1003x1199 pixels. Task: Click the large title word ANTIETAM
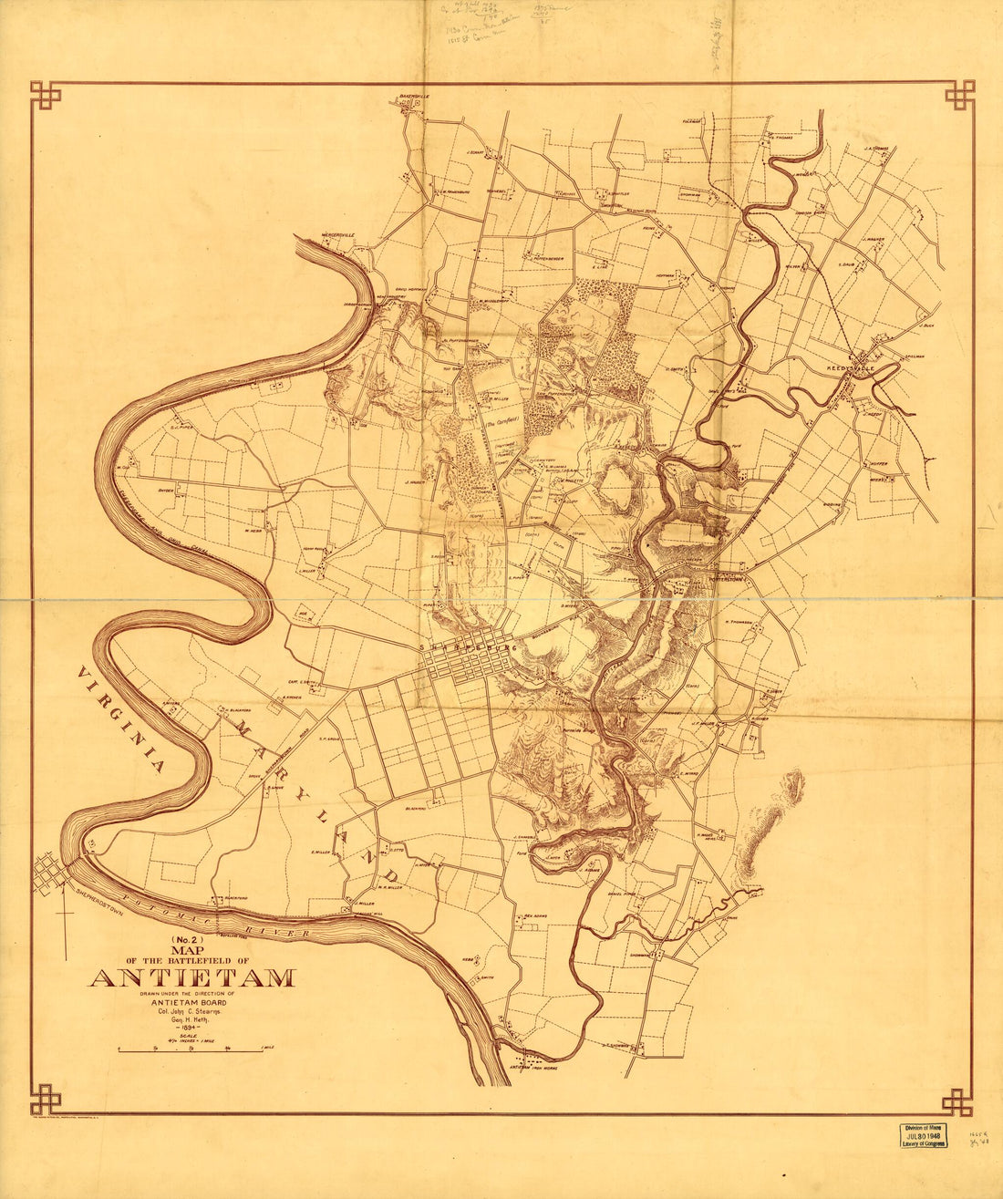pyautogui.click(x=191, y=979)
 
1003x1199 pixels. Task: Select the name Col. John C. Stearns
pyautogui.click(x=191, y=1011)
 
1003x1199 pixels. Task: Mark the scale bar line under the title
pyautogui.click(x=195, y=1050)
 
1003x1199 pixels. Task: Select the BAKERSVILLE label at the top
pyautogui.click(x=413, y=95)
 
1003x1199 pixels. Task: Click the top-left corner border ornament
pyautogui.click(x=45, y=95)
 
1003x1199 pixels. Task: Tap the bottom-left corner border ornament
pyautogui.click(x=45, y=1099)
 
